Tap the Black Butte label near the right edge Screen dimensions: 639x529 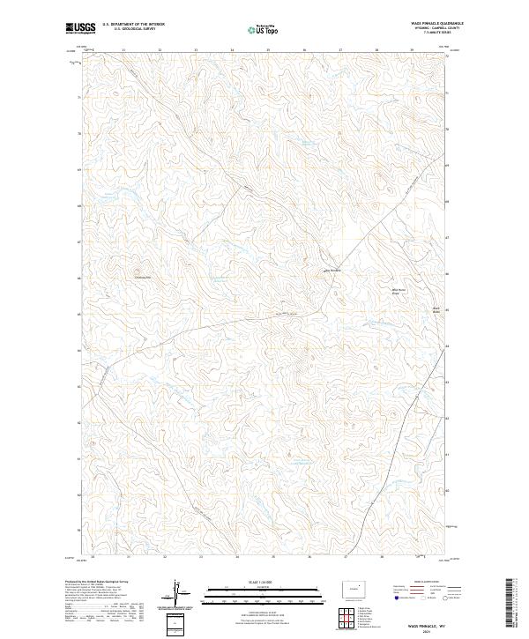(411, 308)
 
